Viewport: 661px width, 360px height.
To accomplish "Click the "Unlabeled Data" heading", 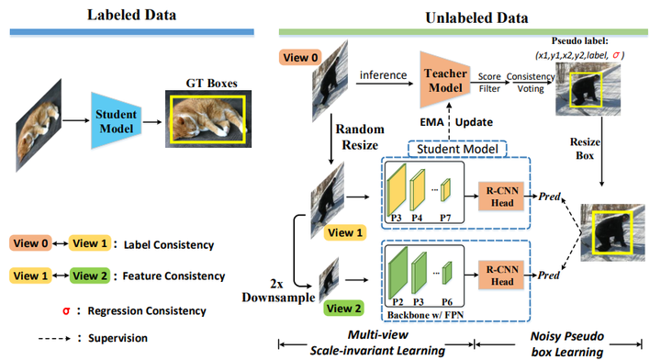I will point(464,17).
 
